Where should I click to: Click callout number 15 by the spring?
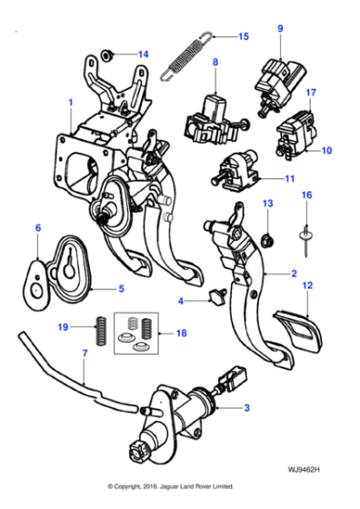pos(243,37)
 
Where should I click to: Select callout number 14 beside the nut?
pos(142,54)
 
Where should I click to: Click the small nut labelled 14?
pos(107,54)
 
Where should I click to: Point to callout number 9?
pos(280,28)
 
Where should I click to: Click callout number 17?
pos(311,92)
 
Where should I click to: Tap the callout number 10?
pos(326,150)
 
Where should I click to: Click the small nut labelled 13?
pos(267,240)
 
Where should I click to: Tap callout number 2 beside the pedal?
pos(294,273)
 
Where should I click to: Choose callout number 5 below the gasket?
pos(120,290)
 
